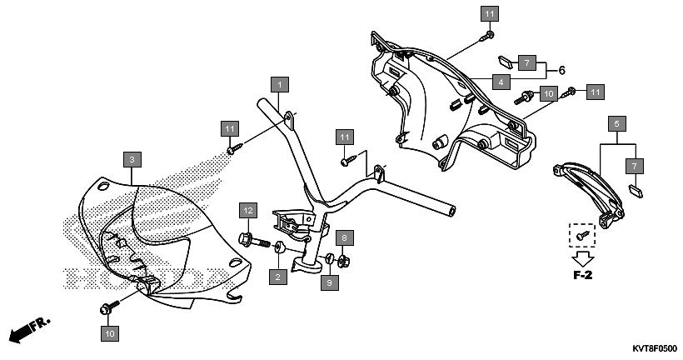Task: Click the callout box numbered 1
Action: (280, 84)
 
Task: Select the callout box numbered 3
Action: (132, 159)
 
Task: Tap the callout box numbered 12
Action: (248, 211)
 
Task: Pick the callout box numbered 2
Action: (278, 277)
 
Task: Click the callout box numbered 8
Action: (345, 238)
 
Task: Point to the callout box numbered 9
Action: (329, 282)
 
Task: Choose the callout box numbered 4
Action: (501, 82)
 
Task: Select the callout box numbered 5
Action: (617, 124)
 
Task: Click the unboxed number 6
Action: (561, 70)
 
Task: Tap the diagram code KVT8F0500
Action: (655, 349)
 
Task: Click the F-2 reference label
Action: (582, 276)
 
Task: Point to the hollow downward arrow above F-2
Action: (583, 259)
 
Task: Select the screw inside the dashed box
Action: (582, 235)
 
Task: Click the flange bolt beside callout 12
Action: (253, 240)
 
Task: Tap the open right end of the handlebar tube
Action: (452, 212)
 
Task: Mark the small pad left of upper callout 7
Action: (506, 62)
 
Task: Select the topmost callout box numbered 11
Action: (490, 14)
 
